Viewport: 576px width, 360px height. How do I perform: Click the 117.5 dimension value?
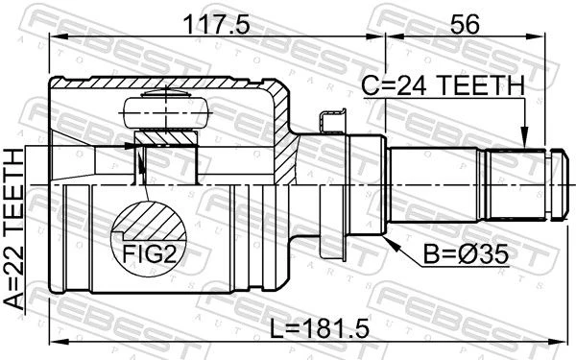216,25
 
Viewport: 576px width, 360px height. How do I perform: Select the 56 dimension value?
465,25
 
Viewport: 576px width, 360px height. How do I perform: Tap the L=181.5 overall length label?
320,328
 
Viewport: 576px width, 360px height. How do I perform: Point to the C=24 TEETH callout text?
443,85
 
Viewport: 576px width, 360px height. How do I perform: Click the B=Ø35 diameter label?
466,253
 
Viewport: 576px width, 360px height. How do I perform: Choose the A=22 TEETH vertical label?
14,228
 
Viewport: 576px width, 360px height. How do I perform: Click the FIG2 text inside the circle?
150,254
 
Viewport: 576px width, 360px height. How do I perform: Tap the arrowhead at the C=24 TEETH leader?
525,137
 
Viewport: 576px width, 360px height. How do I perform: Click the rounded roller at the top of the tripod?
166,112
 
